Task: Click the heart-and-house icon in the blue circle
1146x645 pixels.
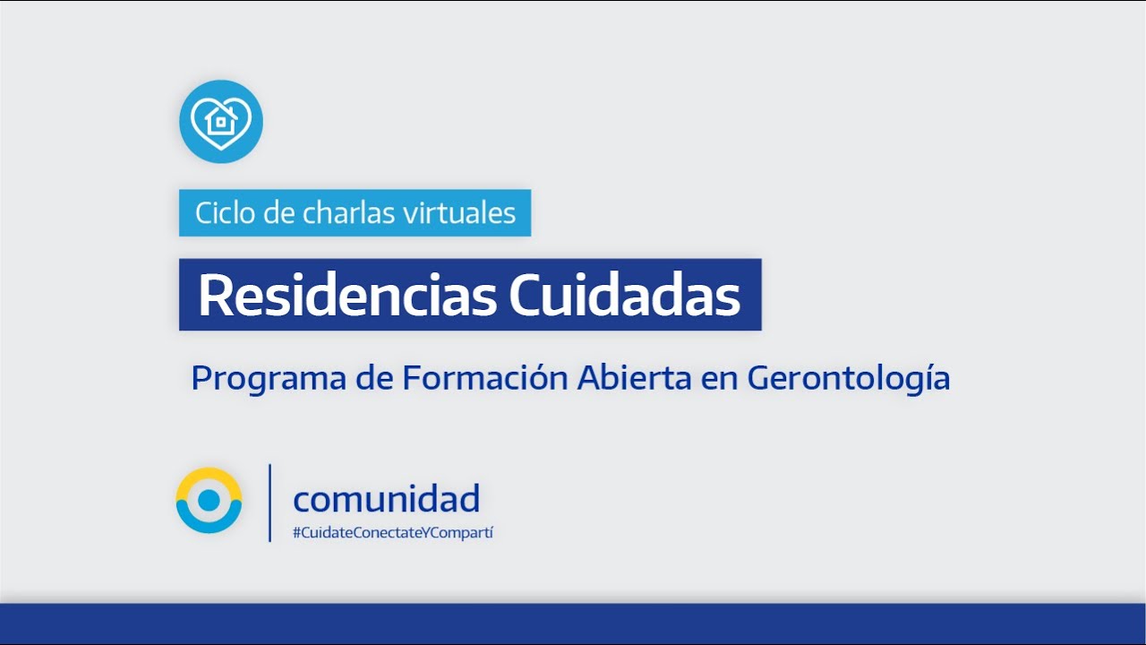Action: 221,122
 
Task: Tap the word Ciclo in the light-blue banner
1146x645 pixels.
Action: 225,213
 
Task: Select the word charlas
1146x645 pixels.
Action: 348,213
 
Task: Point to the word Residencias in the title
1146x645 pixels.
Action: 347,296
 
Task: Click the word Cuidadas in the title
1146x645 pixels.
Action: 624,296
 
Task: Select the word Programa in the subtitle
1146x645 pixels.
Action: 269,379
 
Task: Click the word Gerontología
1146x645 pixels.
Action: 848,379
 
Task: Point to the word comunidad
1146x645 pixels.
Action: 386,498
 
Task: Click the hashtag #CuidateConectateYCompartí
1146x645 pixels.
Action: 393,533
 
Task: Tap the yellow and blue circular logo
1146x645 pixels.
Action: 209,500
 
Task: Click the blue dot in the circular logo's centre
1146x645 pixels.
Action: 209,500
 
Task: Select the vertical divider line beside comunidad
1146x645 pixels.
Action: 269,503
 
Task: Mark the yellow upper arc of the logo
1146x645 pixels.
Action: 209,475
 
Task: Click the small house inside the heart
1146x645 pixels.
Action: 221,120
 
